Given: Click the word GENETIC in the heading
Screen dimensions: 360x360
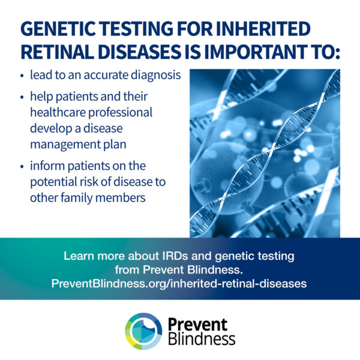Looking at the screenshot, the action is pos(58,29).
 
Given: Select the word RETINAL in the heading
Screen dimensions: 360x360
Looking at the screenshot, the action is pos(58,52).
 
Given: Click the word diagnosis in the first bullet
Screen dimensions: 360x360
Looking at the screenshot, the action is pos(155,76).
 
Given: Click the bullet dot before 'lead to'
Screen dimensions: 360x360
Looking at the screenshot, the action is pos(22,76).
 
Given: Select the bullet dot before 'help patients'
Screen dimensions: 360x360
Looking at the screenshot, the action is pos(22,97).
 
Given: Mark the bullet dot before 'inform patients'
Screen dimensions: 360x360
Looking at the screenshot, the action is pos(22,166).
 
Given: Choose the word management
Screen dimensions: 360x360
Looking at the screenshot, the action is pos(65,145).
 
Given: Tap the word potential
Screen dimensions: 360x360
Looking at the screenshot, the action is pos(54,182).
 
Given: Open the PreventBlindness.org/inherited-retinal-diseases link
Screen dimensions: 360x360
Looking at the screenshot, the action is pos(179,284).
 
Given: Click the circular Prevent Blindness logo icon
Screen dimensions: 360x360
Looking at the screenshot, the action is pos(143,331).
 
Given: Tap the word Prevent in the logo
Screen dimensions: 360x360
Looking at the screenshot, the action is pos(197,325).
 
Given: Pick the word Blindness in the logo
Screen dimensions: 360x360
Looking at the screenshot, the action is pos(202,338).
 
